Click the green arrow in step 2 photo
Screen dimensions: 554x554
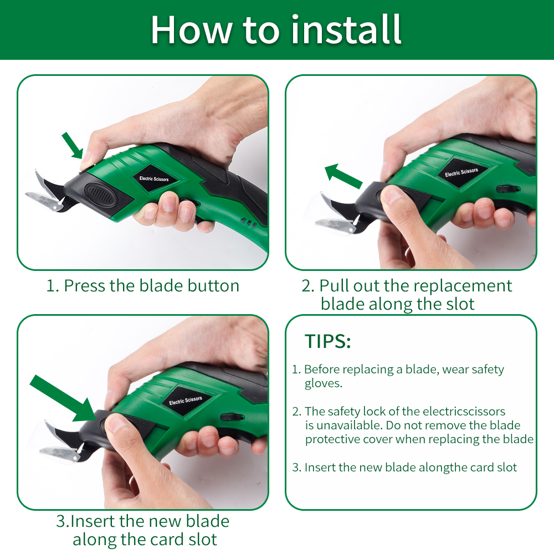pos(343,176)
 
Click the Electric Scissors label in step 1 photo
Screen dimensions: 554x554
pos(154,179)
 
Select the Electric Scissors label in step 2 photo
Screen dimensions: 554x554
pos(461,172)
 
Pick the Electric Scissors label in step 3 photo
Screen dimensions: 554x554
pos(186,401)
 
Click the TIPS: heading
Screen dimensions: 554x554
pos(327,341)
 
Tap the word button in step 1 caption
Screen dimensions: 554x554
pos(213,285)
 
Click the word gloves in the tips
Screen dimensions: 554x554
pos(324,384)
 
